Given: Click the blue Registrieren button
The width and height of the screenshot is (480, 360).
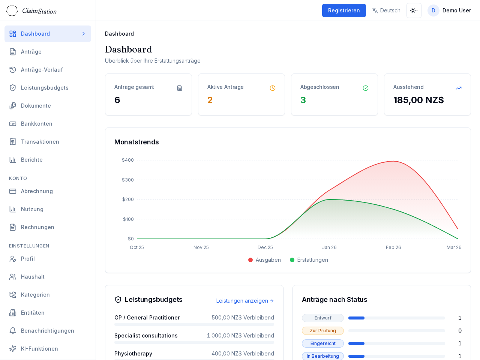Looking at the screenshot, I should click(x=344, y=10).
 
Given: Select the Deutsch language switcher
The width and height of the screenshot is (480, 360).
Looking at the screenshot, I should click(x=386, y=10).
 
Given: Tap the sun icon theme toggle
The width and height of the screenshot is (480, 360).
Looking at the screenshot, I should click(x=414, y=10).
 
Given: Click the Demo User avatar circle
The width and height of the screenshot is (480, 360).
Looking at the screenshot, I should click(x=433, y=10).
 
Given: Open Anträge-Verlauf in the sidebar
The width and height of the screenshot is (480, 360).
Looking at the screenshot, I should click(x=42, y=70).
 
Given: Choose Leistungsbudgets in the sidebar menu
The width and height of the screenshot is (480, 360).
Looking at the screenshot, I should click(x=45, y=88).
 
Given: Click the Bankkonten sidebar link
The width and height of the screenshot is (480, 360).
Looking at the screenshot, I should click(x=36, y=124).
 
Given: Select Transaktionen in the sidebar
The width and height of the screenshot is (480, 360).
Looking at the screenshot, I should click(x=40, y=142).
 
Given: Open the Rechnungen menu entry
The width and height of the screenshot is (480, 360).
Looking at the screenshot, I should click(x=37, y=227).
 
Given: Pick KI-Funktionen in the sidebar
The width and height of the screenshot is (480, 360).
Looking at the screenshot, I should click(x=39, y=349).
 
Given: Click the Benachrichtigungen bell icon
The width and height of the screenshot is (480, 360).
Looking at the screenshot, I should click(x=13, y=331).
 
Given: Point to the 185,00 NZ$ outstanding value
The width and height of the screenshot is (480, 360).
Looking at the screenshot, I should click(x=418, y=100).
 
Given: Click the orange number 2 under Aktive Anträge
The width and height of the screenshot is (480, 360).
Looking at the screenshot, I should click(x=210, y=100).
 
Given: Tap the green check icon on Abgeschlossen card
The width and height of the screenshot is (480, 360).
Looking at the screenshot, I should click(x=366, y=88).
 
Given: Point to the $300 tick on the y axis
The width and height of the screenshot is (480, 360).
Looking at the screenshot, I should click(x=128, y=180).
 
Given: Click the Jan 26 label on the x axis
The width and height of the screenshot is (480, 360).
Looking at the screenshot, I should click(x=329, y=247).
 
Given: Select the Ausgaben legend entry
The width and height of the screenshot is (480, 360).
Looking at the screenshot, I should click(x=264, y=260).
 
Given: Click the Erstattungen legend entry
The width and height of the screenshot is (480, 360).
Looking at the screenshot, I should click(x=309, y=260).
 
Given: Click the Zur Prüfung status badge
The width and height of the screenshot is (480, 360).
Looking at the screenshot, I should click(x=322, y=331).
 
